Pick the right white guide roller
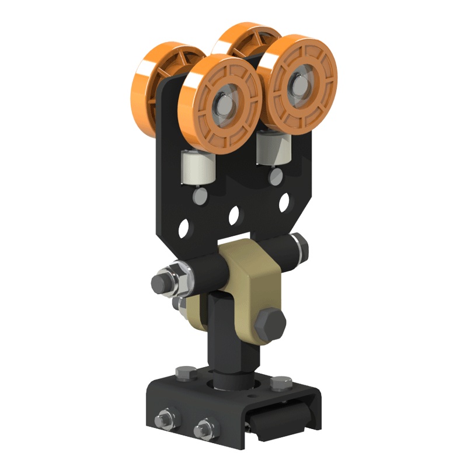coord(273,148)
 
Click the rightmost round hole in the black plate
coord(284,201)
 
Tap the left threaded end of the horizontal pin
coord(161,283)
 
